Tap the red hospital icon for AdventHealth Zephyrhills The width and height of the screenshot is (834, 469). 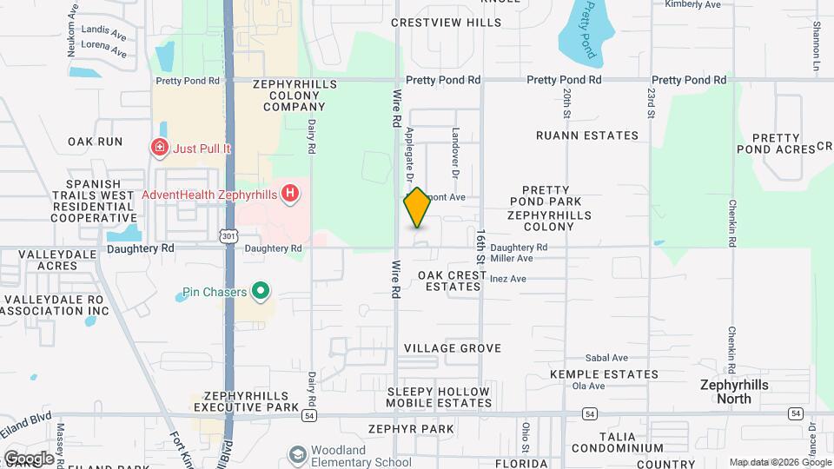pyautogui.click(x=291, y=193)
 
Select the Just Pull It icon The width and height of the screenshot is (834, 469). pyautogui.click(x=160, y=148)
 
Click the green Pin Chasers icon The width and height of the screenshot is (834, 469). pyautogui.click(x=260, y=290)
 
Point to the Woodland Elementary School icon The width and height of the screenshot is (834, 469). pyautogui.click(x=299, y=455)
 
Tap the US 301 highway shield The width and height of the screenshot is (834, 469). pyautogui.click(x=228, y=235)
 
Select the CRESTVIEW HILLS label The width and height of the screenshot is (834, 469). pyautogui.click(x=447, y=23)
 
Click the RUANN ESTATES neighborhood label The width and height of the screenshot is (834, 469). pyautogui.click(x=587, y=135)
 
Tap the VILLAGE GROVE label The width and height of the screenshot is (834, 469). pyautogui.click(x=453, y=348)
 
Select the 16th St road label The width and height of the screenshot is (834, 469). pyautogui.click(x=480, y=247)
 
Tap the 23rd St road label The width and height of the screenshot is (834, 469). pyautogui.click(x=650, y=102)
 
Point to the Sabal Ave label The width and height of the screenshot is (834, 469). pyautogui.click(x=606, y=358)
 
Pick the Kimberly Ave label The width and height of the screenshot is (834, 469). pyautogui.click(x=692, y=4)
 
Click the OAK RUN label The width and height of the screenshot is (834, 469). pyautogui.click(x=96, y=141)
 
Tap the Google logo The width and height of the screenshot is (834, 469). pyautogui.click(x=29, y=458)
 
